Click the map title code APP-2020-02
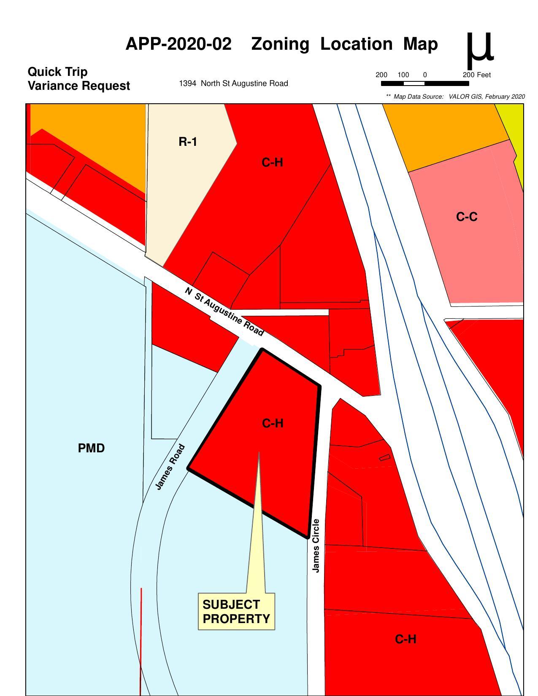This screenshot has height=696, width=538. click(178, 44)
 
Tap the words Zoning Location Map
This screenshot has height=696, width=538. click(344, 44)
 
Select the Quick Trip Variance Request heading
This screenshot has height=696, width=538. click(78, 79)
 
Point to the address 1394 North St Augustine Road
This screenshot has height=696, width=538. click(233, 83)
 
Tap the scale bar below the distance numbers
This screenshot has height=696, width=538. click(424, 83)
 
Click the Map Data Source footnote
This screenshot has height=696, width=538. click(455, 97)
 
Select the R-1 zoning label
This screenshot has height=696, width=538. click(188, 142)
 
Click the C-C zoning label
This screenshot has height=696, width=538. click(467, 217)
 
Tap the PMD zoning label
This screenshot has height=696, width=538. click(91, 449)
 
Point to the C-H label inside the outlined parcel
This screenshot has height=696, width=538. click(273, 423)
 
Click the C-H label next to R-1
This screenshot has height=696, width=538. click(272, 163)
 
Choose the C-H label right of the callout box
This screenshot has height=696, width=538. click(406, 640)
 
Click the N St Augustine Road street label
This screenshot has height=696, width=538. click(224, 312)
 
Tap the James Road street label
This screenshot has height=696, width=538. click(170, 467)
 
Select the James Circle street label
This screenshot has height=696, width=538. click(316, 546)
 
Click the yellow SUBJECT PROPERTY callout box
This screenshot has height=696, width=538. click(236, 612)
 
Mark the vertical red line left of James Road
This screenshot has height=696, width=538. click(141, 641)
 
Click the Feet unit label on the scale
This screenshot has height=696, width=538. click(484, 75)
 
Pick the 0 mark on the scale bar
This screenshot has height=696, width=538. click(425, 75)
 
